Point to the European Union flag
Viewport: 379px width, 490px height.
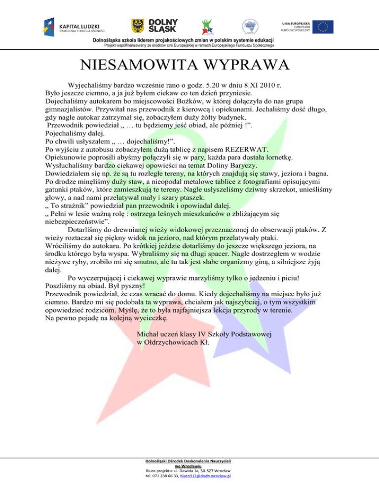coord(324,27)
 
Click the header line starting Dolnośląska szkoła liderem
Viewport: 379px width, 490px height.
coord(189,40)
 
